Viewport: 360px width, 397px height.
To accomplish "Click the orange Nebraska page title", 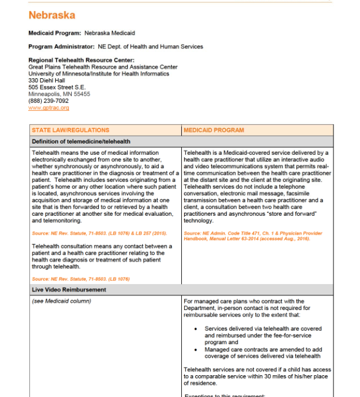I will (x=52, y=15).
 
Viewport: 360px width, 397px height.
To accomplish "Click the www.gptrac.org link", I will (x=49, y=108).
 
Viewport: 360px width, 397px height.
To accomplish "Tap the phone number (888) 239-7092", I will (x=48, y=101).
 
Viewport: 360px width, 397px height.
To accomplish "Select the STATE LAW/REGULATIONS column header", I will (x=71, y=130).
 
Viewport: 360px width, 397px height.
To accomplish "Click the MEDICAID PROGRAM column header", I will (x=214, y=130).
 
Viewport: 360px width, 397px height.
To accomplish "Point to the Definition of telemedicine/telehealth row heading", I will (x=81, y=141).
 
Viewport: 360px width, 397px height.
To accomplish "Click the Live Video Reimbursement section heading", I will (x=69, y=290).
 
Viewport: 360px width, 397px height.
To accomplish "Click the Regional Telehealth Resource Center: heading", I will (x=81, y=60).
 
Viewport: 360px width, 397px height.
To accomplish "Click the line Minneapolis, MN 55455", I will (x=59, y=94).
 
